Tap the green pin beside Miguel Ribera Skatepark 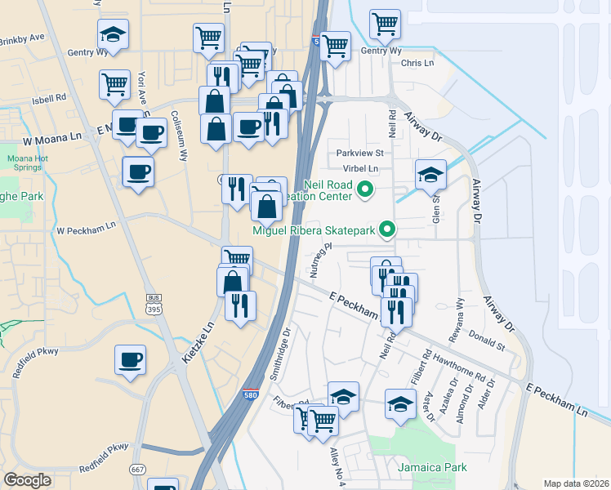click(390, 230)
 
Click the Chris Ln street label click(417, 63)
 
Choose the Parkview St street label click(360, 153)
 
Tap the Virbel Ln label click(363, 168)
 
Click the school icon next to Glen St click(430, 175)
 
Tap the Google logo click(28, 480)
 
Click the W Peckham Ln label click(86, 229)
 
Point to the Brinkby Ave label click(22, 38)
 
